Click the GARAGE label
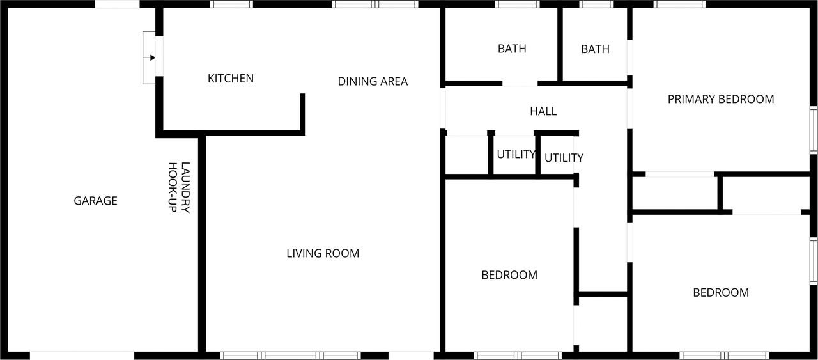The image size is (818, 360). (95, 201)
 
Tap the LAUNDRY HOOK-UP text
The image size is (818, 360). (178, 187)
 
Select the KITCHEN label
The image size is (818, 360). (231, 79)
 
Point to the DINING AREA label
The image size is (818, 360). (373, 81)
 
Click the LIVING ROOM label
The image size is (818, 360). (323, 253)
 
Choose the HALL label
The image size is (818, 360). (543, 111)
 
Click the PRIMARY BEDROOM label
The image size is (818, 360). (721, 99)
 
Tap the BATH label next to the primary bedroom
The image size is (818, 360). (595, 49)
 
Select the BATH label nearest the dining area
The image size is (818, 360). (512, 49)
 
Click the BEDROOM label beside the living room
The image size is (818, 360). (509, 275)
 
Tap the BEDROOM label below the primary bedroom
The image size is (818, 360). (721, 292)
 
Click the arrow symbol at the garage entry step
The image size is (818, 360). (152, 58)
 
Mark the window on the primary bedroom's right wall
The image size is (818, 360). (814, 130)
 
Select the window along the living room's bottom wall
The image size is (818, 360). (290, 356)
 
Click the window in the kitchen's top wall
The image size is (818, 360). (232, 4)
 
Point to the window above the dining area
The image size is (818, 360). (375, 4)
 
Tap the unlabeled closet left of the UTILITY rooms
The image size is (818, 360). (467, 155)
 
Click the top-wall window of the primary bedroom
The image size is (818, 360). (679, 4)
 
